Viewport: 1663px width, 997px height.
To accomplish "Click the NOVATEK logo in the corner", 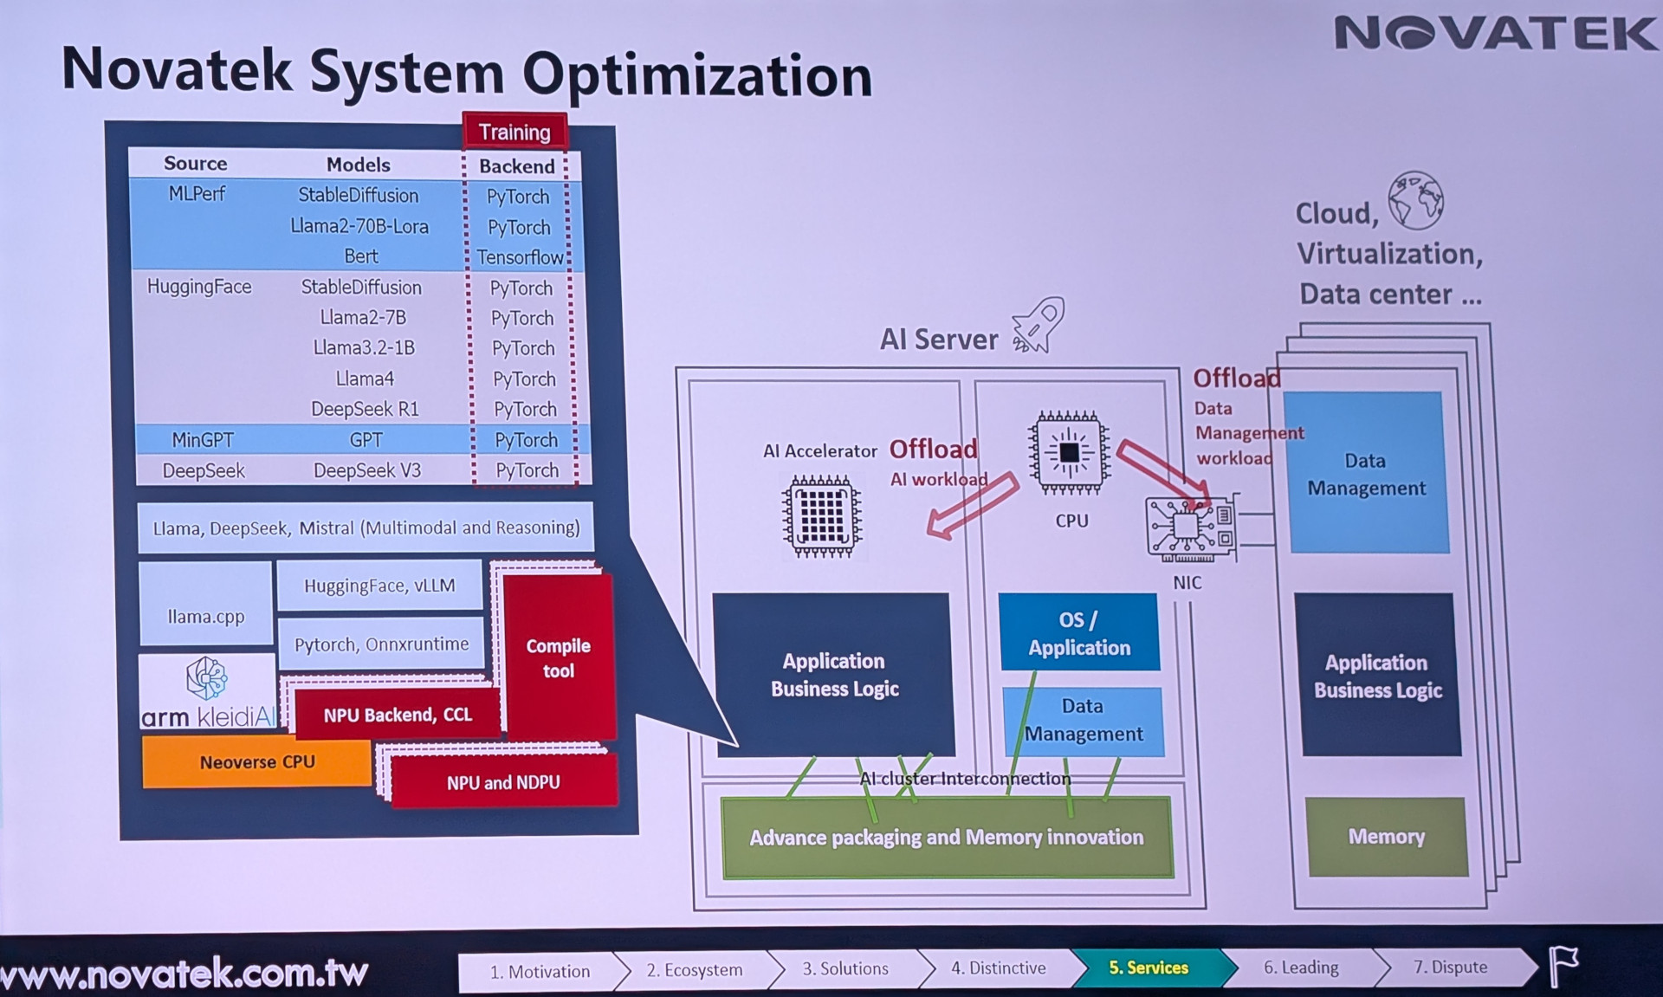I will point(1495,34).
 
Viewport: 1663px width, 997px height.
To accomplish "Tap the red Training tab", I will point(514,132).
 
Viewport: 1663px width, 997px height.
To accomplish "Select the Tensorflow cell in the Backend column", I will point(520,257).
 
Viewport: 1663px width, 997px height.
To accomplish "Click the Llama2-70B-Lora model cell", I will point(359,226).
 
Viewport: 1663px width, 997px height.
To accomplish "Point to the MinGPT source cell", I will point(203,440).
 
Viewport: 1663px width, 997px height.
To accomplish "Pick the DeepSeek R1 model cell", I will point(365,409).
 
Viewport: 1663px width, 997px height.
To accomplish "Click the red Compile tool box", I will point(559,658).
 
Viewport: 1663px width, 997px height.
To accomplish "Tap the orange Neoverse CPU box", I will point(257,762).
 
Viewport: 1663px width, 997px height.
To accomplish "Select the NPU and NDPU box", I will point(503,782).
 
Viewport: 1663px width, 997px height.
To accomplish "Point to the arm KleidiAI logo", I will point(208,694).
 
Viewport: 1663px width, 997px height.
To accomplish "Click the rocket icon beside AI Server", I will point(1039,326).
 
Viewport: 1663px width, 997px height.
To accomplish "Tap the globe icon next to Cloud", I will point(1415,200).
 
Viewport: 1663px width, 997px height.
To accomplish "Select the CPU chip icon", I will point(1070,452).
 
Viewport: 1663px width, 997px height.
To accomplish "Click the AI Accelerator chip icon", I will point(821,515).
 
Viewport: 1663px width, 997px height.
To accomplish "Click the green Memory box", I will point(1386,836).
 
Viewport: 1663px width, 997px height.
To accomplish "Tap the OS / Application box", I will point(1079,633).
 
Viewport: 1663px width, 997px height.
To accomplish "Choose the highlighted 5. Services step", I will point(1149,968).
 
